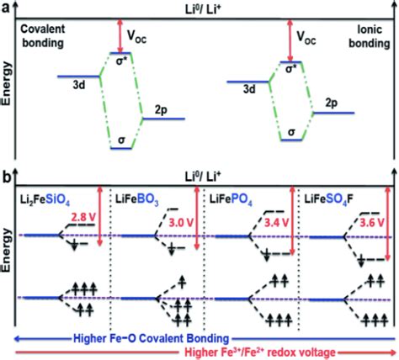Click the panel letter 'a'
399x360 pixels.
[x=5, y=7]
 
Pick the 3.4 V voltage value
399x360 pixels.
[x=274, y=225]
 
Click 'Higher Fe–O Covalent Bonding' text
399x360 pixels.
[x=204, y=333]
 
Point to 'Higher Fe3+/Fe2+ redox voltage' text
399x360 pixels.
[x=204, y=351]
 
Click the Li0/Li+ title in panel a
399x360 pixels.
[x=202, y=8]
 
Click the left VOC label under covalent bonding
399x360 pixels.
[x=146, y=36]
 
